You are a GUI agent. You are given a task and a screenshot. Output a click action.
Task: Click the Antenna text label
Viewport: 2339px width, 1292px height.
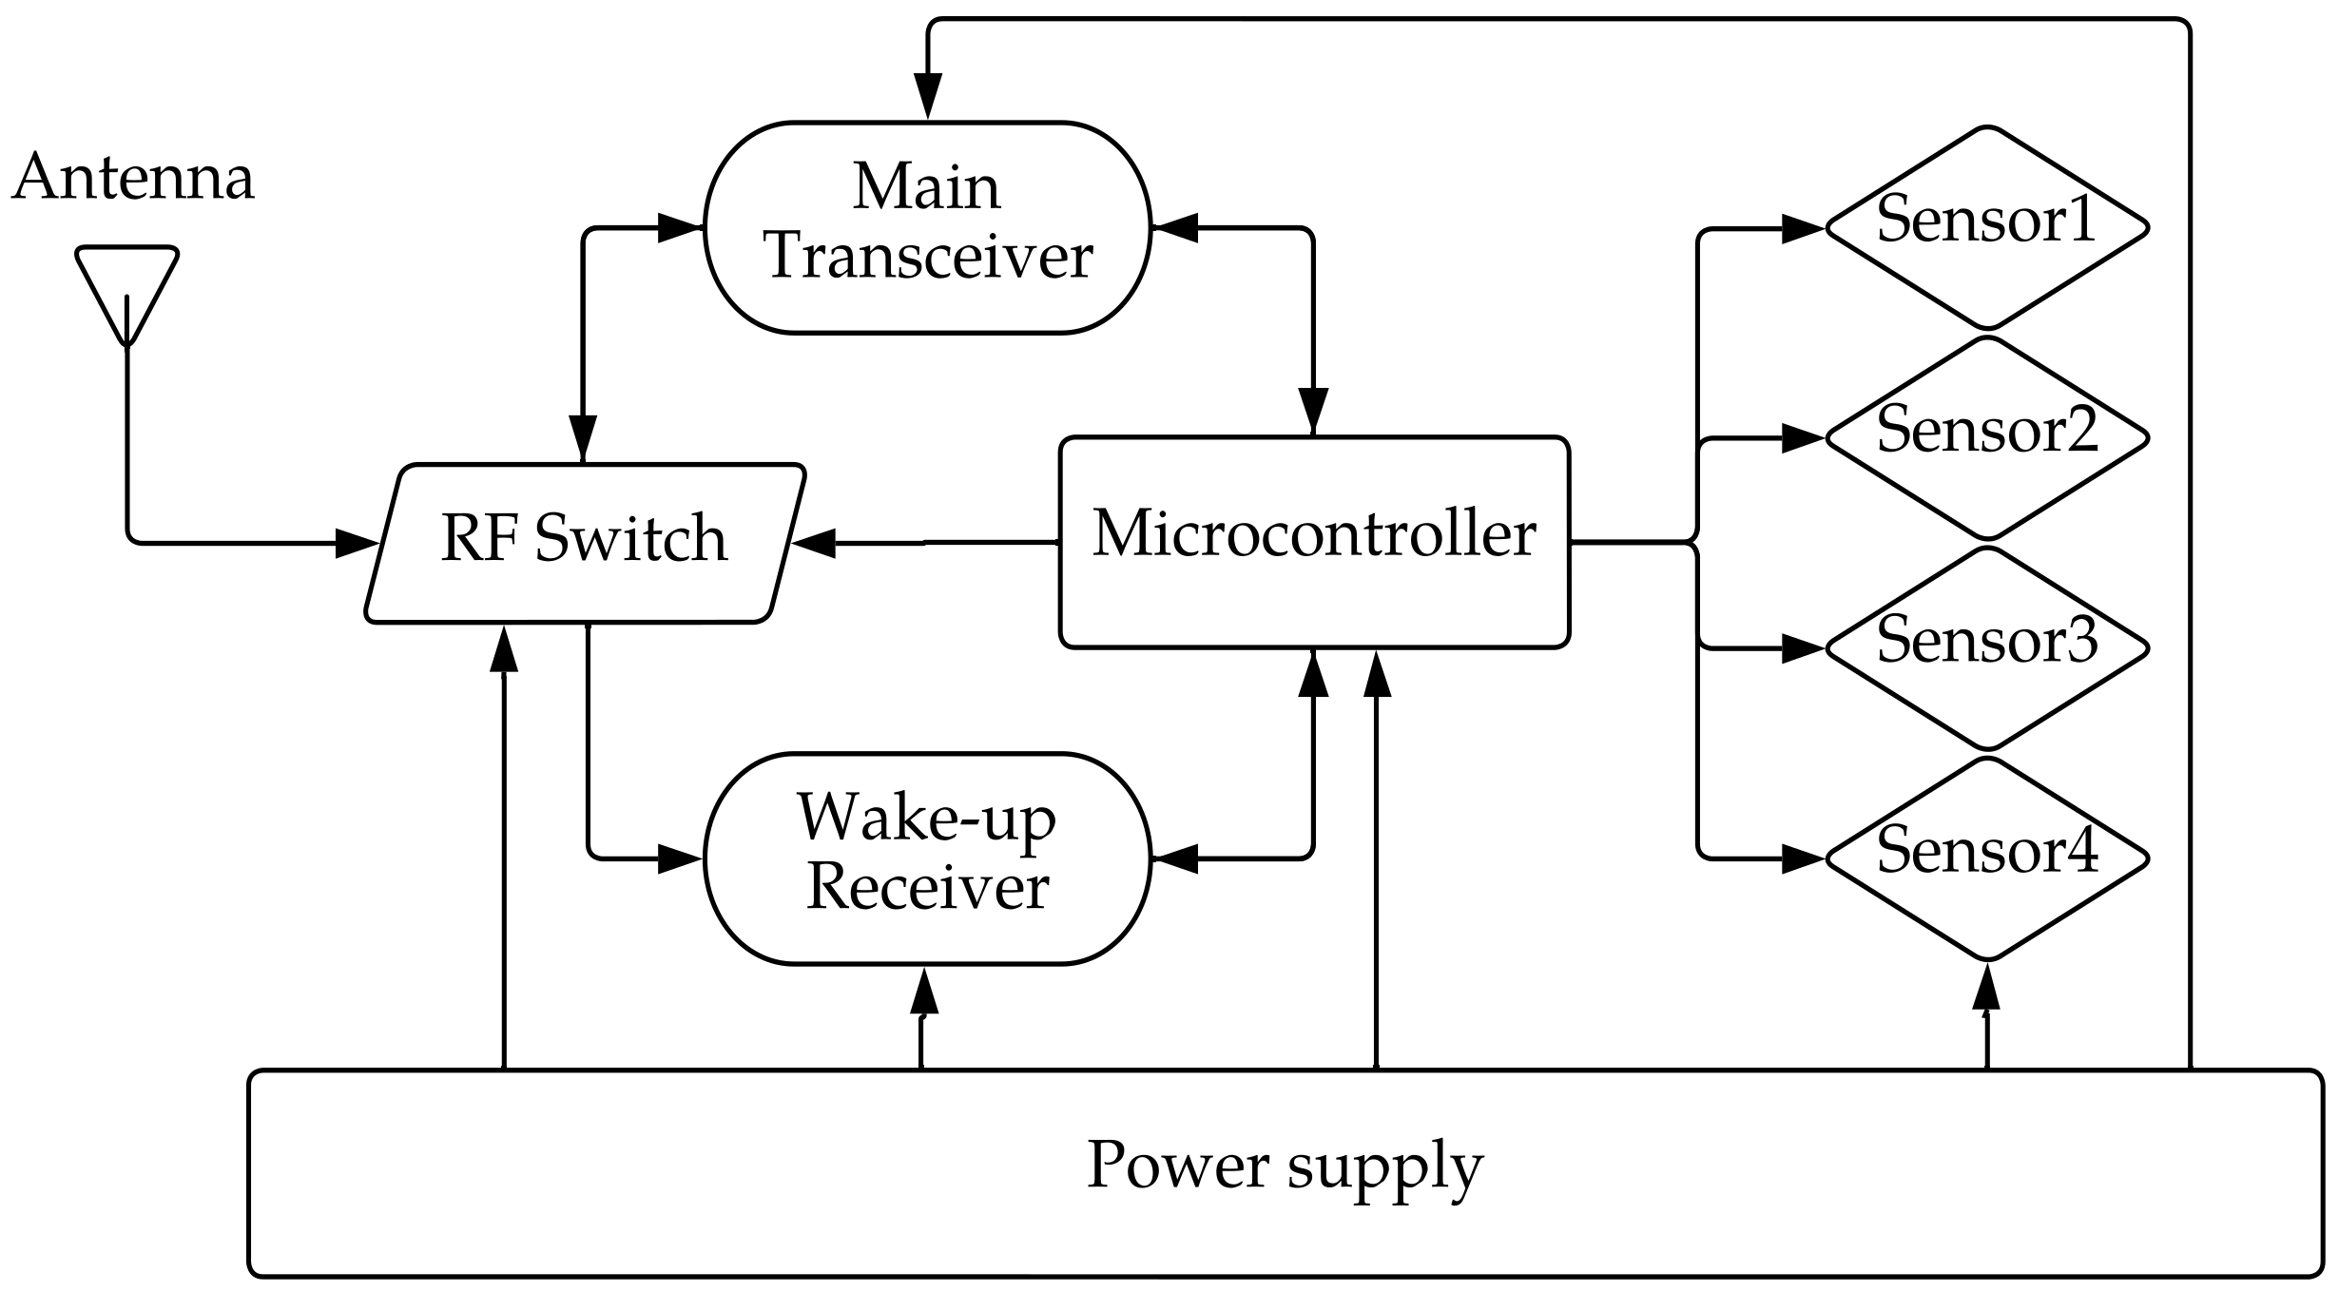tap(133, 178)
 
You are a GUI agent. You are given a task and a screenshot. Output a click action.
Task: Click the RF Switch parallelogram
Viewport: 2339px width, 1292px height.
tap(584, 542)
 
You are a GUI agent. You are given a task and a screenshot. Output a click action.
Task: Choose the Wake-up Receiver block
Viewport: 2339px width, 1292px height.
tap(927, 858)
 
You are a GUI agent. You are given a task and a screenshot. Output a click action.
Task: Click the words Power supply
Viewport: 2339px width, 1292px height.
tap(1284, 1166)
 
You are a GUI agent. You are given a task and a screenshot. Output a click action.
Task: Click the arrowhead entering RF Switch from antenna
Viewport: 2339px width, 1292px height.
tap(358, 544)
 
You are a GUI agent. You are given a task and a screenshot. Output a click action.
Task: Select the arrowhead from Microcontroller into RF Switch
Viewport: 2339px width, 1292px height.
tap(814, 543)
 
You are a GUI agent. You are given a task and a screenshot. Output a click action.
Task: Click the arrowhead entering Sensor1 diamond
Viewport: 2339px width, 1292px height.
tap(1803, 228)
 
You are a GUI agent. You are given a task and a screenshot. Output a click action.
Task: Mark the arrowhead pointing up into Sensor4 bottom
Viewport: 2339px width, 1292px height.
tap(1985, 989)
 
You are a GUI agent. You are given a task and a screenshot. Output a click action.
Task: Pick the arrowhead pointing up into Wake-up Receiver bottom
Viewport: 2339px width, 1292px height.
tap(923, 992)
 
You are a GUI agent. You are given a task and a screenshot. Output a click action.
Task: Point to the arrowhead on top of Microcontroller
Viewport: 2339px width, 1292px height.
tap(1313, 413)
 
